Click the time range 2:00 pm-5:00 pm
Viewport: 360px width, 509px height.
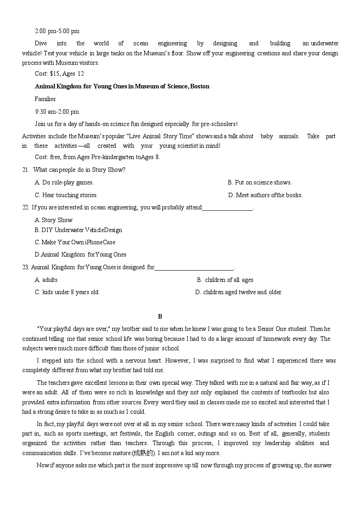click(x=57, y=31)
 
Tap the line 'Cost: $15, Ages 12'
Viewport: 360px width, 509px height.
click(x=59, y=74)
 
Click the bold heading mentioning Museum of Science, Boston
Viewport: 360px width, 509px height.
click(x=122, y=86)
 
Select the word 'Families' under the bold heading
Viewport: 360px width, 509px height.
click(x=45, y=99)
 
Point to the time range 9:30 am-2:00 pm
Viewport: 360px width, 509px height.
click(x=57, y=111)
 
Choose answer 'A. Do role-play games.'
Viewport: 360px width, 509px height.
click(x=64, y=183)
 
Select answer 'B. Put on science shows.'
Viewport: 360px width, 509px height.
click(x=259, y=183)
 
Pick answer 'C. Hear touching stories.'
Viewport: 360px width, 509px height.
click(x=66, y=195)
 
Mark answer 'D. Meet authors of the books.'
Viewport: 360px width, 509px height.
click(x=265, y=195)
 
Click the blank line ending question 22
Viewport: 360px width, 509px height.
click(x=227, y=208)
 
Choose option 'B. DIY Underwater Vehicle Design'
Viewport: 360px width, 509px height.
click(x=78, y=230)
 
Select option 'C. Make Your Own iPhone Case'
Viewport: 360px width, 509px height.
click(x=75, y=242)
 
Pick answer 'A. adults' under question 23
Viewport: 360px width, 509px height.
click(x=46, y=280)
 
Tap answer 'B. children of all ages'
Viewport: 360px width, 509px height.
click(x=225, y=280)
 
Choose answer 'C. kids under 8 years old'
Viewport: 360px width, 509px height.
click(x=66, y=292)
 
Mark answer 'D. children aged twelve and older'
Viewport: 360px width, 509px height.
click(x=238, y=292)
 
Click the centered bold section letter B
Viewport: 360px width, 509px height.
click(x=160, y=317)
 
